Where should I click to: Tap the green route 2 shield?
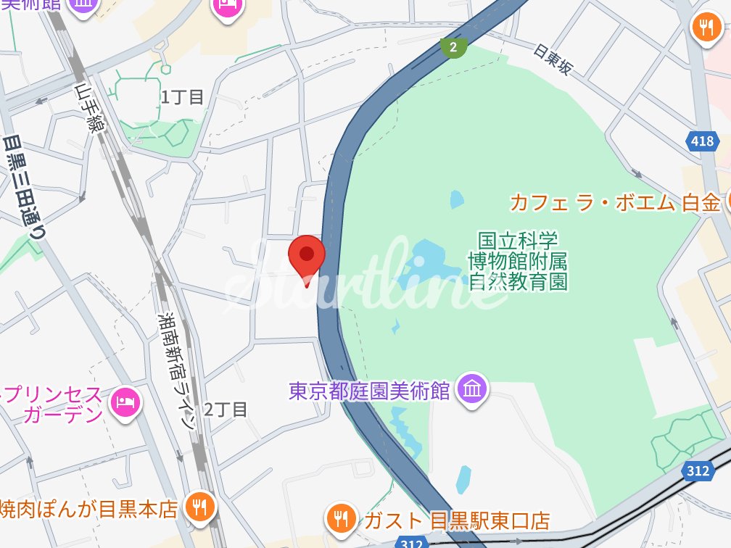coord(453,48)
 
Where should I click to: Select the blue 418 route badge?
coord(702,141)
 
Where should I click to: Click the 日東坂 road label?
coord(553,59)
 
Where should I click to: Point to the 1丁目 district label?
coord(183,97)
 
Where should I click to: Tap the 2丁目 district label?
coord(226,410)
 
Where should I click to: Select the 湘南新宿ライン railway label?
coord(178,370)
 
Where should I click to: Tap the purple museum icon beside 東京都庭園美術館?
coord(473,391)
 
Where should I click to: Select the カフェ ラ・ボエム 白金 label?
coord(614,202)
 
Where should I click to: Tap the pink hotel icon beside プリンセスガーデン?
coord(125,403)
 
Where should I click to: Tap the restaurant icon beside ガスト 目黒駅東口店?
coord(339,518)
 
